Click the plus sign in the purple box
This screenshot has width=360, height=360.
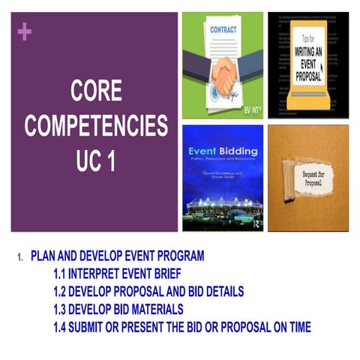click(24, 31)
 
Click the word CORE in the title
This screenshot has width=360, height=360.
click(97, 92)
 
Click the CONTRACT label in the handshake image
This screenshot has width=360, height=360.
click(222, 32)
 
